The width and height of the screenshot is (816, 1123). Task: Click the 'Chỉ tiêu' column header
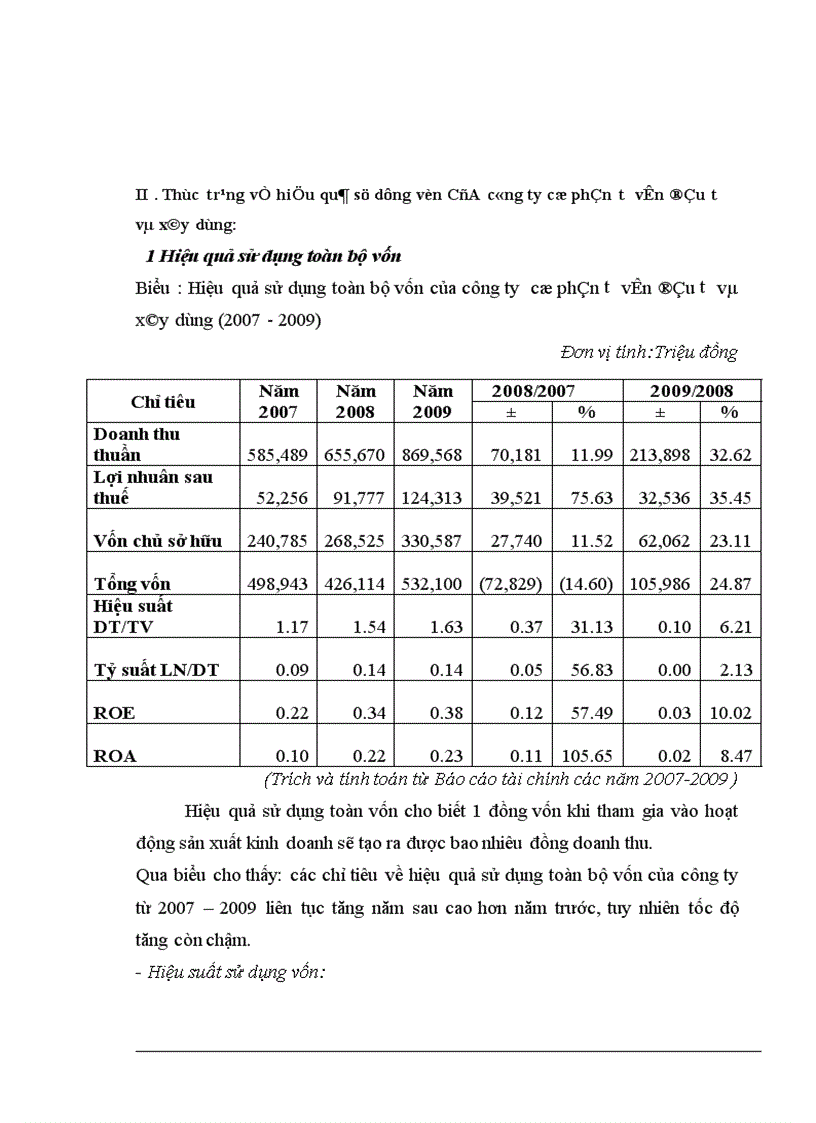coord(163,402)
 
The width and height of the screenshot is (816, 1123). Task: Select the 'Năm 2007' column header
coord(278,401)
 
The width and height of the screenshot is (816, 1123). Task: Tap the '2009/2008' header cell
coord(691,390)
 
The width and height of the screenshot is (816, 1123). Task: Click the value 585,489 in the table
coord(279,455)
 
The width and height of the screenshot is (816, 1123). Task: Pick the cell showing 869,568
coord(431,455)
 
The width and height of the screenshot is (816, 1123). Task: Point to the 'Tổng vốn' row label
coord(133,583)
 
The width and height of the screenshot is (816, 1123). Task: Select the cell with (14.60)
coord(585,584)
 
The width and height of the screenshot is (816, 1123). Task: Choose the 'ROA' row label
coord(115,756)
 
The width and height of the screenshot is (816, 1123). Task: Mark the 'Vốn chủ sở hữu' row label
coord(166,540)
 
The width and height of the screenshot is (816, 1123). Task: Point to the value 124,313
coord(431,498)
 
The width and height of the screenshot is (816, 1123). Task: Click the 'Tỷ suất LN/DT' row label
coord(156,670)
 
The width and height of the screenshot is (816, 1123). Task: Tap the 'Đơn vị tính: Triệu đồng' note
coord(649,352)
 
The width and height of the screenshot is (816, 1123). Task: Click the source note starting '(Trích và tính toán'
coord(500,778)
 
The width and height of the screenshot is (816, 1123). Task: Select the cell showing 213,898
coord(660,455)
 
